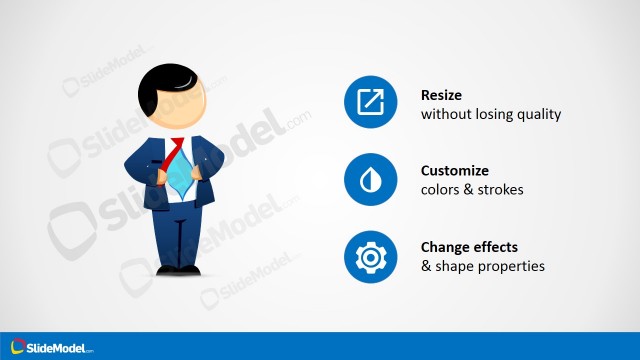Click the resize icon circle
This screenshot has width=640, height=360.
(371, 103)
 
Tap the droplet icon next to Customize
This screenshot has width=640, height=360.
(371, 180)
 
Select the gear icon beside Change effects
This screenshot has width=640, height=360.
(371, 256)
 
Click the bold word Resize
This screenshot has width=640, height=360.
(443, 95)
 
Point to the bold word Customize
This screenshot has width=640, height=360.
(455, 171)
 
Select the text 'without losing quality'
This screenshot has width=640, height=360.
(490, 114)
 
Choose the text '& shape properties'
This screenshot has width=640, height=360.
(482, 266)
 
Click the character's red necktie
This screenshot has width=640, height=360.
(176, 151)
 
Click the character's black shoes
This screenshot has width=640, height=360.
(178, 269)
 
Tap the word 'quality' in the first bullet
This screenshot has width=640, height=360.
(539, 114)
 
